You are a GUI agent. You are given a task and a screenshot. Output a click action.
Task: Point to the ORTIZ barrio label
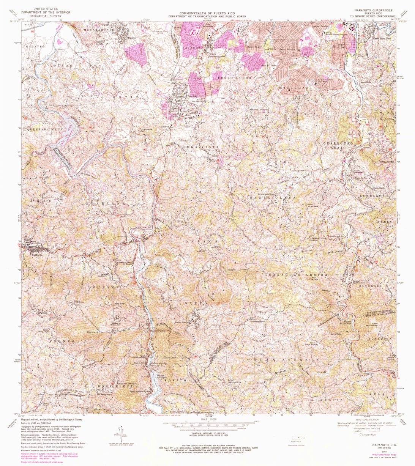(x=123, y=98)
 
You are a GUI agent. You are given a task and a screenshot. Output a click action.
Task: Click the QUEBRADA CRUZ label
(x=41, y=129)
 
